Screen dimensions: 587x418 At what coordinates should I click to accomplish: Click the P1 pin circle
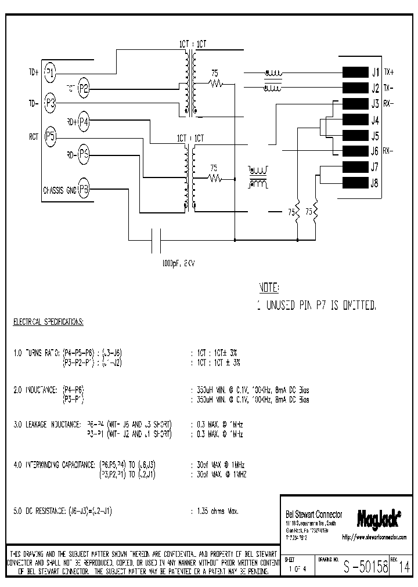[51, 73]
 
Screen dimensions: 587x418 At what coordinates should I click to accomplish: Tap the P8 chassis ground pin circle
[84, 189]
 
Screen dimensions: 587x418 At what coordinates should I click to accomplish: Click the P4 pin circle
[84, 121]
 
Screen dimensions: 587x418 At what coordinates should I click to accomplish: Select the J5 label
[374, 136]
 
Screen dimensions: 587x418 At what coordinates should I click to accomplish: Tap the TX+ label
[389, 73]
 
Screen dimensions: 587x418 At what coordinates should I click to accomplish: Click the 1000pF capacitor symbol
[156, 240]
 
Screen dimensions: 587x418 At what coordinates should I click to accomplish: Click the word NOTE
[268, 288]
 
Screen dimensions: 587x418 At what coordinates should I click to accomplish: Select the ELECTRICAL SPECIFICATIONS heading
[48, 321]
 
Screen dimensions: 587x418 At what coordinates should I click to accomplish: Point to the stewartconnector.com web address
[374, 538]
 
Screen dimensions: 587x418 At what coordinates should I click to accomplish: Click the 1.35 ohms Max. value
[214, 512]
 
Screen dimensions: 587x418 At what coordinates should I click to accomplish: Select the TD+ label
[33, 73]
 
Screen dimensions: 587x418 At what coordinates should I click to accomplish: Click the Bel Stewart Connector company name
[313, 514]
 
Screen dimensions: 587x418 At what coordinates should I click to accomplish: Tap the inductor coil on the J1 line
[272, 73]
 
